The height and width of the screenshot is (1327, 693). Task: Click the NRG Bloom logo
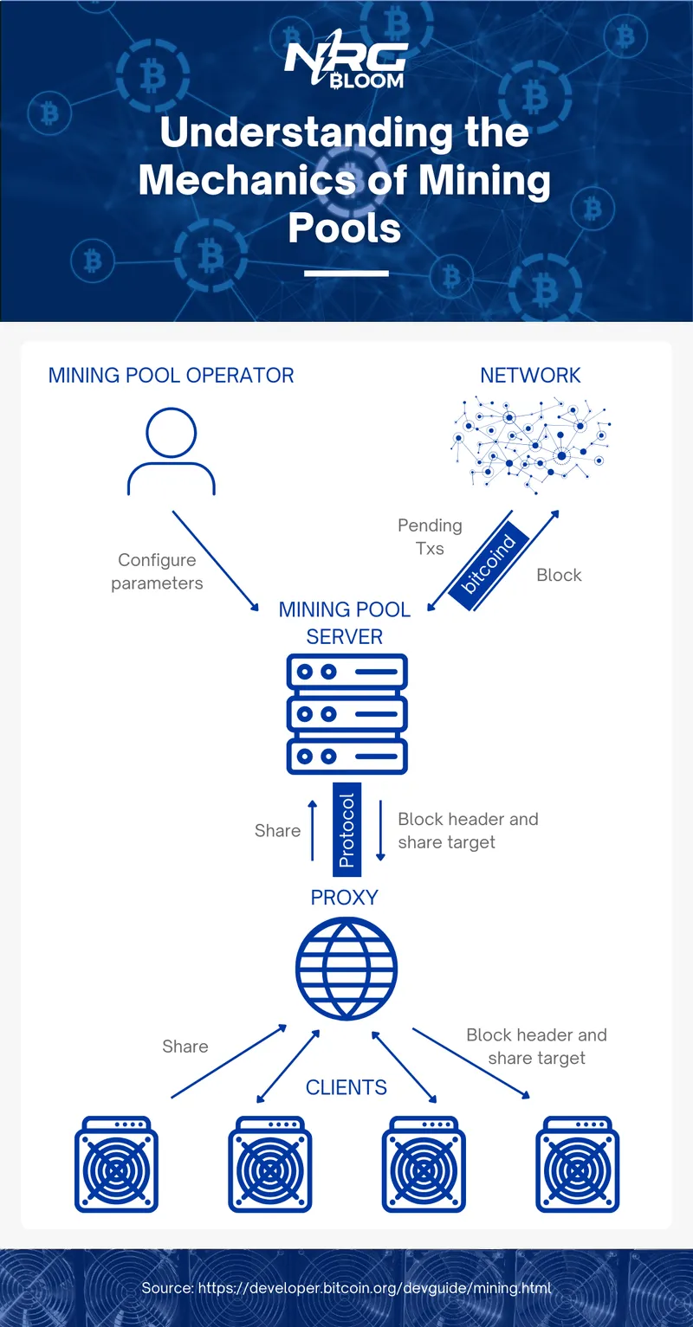pyautogui.click(x=345, y=64)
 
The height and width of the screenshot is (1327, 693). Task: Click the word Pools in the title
pyautogui.click(x=345, y=228)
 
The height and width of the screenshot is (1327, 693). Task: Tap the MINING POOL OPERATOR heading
pyautogui.click(x=172, y=376)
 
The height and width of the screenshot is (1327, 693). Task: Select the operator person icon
pyautogui.click(x=172, y=451)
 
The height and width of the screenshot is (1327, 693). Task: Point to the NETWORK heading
pyautogui.click(x=530, y=376)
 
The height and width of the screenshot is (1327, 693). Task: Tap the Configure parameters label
pyautogui.click(x=157, y=571)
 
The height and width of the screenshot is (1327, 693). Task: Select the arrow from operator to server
pyautogui.click(x=216, y=561)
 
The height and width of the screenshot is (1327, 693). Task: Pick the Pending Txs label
pyautogui.click(x=430, y=537)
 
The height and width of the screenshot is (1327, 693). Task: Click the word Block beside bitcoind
pyautogui.click(x=559, y=576)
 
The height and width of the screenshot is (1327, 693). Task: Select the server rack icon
pyautogui.click(x=346, y=714)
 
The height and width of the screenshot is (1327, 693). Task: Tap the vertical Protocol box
pyautogui.click(x=346, y=829)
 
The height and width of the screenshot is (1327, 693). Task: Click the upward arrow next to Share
pyautogui.click(x=313, y=830)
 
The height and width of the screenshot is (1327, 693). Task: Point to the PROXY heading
pyautogui.click(x=345, y=898)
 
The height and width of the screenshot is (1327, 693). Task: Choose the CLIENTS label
pyautogui.click(x=346, y=1088)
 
